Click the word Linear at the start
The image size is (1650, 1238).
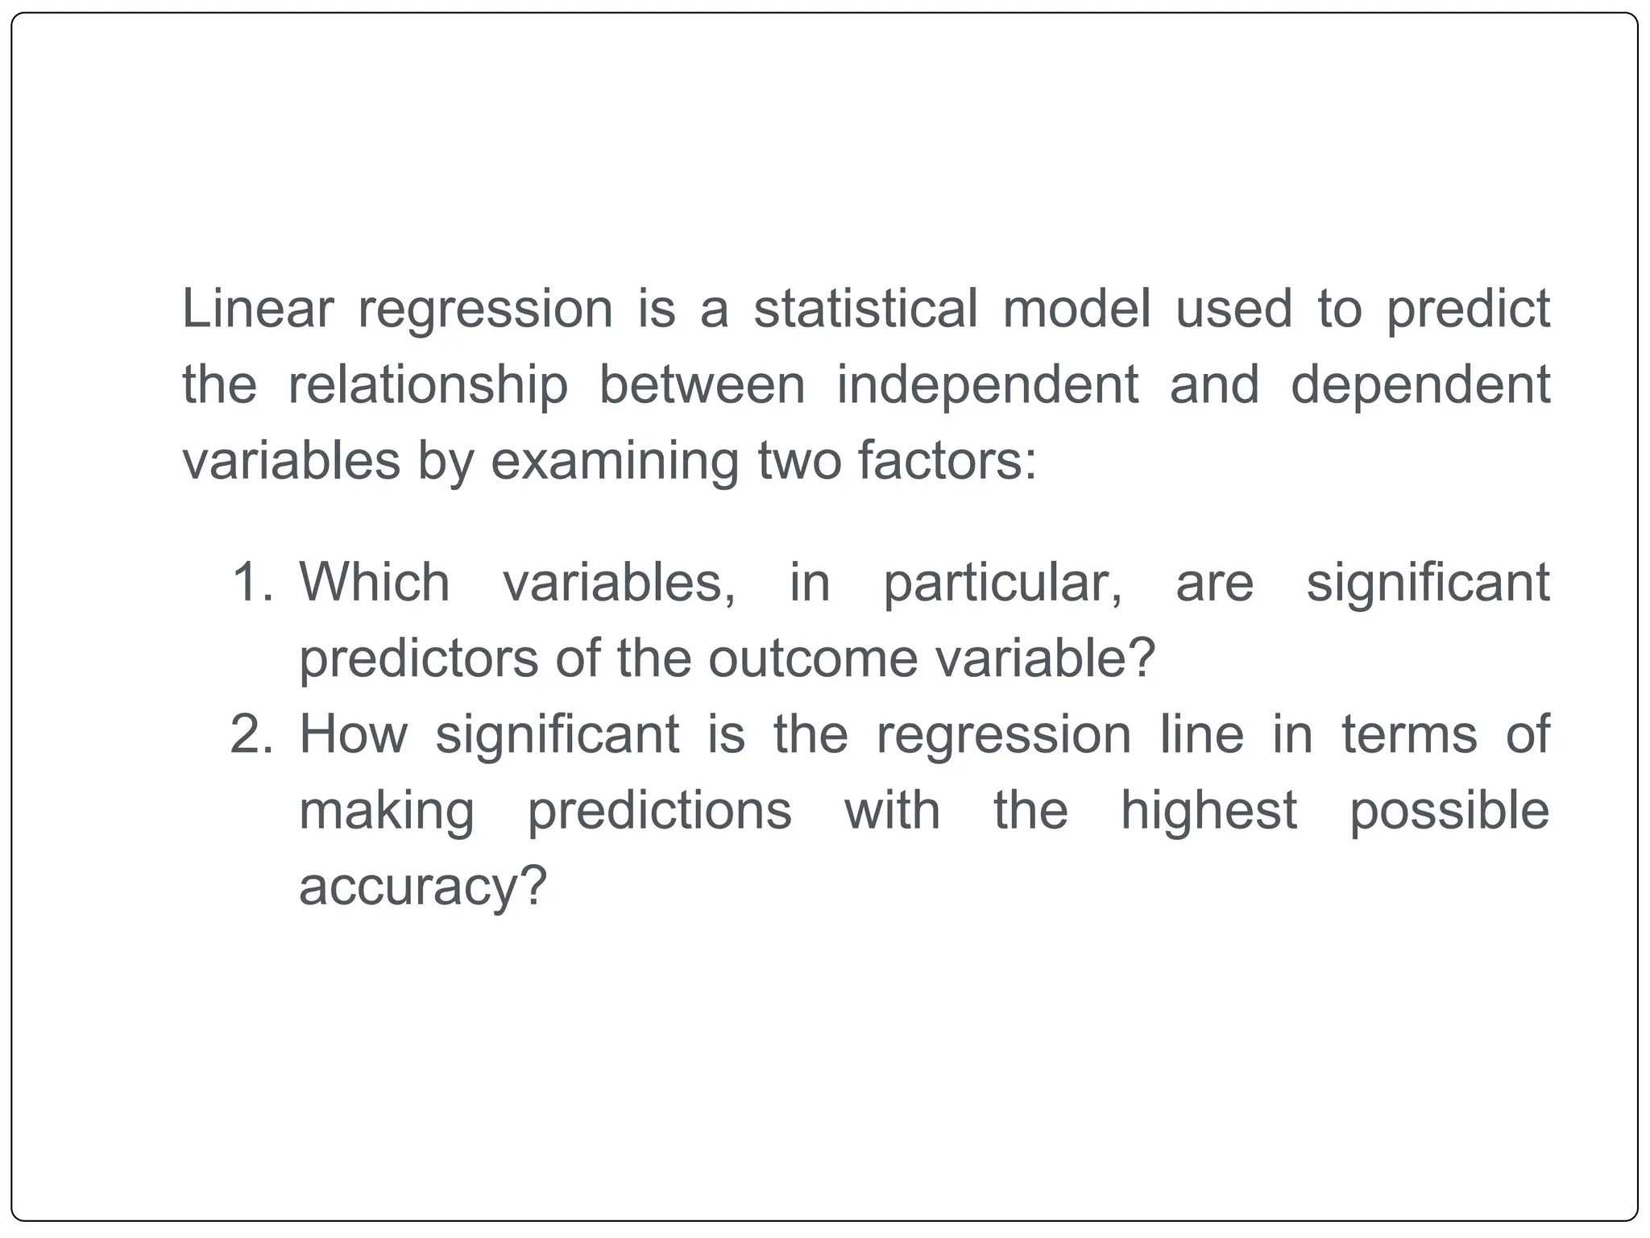click(x=257, y=309)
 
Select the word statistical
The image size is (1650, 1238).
click(x=865, y=309)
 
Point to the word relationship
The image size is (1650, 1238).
click(x=427, y=385)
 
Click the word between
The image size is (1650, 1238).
click(x=702, y=384)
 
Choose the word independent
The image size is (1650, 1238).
click(x=987, y=385)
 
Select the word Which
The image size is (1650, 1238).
click(x=375, y=582)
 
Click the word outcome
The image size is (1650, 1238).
click(x=813, y=658)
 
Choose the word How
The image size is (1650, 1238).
click(x=354, y=734)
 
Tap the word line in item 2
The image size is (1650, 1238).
click(x=1201, y=734)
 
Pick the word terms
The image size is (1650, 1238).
click(x=1409, y=734)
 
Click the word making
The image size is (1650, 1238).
click(x=387, y=812)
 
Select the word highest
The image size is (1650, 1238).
click(x=1208, y=811)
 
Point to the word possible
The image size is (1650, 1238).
click(x=1449, y=811)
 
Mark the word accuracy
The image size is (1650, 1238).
click(x=422, y=887)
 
